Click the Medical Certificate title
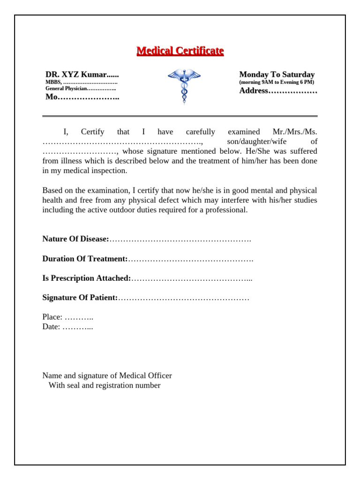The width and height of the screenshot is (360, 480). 180,51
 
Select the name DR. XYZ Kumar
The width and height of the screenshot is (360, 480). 82,75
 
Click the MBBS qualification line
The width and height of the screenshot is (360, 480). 81,82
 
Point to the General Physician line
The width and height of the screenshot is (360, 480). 81,89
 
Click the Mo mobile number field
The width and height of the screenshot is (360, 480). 82,97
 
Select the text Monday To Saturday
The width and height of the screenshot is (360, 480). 277,75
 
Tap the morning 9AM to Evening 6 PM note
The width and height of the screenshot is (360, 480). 277,82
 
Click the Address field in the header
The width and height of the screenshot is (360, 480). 278,91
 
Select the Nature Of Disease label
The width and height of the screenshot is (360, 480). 75,239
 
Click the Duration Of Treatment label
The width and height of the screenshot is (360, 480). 85,259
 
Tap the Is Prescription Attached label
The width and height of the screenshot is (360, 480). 87,278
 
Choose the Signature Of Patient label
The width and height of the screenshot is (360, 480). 80,298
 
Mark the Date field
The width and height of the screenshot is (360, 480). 67,327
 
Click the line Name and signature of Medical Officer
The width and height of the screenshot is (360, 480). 107,376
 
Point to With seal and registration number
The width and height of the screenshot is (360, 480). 105,386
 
